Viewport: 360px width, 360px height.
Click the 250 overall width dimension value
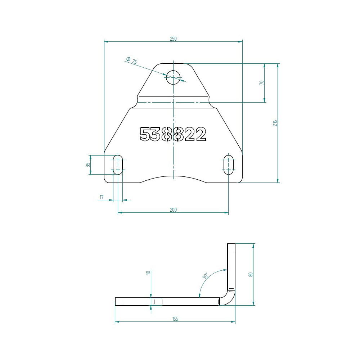[x=173, y=39]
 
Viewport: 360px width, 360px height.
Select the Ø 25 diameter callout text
[x=132, y=60]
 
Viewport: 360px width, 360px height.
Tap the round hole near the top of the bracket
[x=173, y=77]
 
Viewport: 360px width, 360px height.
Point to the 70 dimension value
[x=261, y=83]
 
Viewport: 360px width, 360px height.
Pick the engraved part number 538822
[x=173, y=134]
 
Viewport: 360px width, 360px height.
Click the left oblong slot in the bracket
[x=118, y=165]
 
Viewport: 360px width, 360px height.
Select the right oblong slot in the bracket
[x=229, y=165]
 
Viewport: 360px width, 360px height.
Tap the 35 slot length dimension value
[x=88, y=165]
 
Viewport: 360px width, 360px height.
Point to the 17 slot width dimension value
[x=102, y=197]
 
